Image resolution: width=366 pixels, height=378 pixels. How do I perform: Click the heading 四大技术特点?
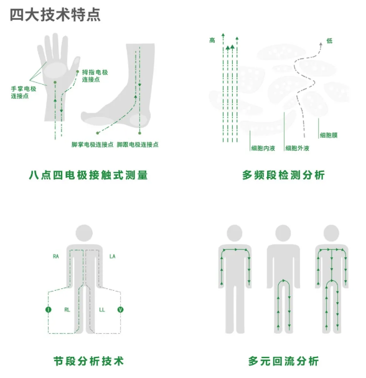[x=55, y=15]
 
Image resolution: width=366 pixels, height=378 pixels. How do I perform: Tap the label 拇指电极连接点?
[x=95, y=76]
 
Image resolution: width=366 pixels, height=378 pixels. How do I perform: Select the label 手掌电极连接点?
[x=24, y=92]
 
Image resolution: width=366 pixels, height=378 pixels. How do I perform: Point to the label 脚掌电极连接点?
[x=92, y=144]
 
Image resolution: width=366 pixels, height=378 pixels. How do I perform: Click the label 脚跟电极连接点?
[x=138, y=144]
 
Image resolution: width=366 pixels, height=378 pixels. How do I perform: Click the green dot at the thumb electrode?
[x=78, y=72]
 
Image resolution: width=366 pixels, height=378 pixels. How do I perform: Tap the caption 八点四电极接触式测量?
[x=88, y=175]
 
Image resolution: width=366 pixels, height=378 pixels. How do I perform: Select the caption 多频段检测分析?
[x=283, y=175]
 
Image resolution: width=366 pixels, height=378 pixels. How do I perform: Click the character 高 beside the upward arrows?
[x=212, y=40]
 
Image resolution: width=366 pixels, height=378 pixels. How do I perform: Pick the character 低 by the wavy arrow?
[x=329, y=40]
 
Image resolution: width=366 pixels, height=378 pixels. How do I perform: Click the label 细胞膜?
[x=329, y=135]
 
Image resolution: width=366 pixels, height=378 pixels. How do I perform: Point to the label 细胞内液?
[x=263, y=148]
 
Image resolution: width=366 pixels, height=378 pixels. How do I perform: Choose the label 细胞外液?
[x=297, y=148]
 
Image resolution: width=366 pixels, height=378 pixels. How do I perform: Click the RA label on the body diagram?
[x=55, y=257]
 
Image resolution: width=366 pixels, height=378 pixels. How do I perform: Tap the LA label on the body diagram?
[x=112, y=257]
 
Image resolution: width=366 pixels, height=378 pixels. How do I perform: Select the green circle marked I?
[x=49, y=309]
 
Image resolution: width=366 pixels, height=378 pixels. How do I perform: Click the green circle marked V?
[x=120, y=309]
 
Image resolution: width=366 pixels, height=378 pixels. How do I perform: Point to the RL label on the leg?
[x=67, y=309]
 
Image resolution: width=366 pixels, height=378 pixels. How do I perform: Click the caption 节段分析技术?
[x=88, y=361]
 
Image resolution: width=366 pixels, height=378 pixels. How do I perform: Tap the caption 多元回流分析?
[x=283, y=361]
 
